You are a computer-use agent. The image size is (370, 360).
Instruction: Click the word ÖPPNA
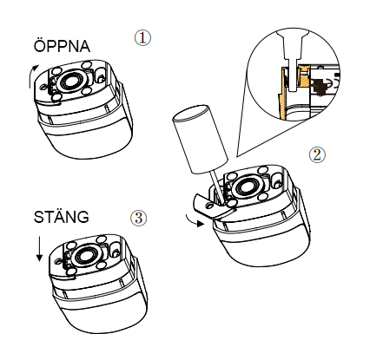(62, 46)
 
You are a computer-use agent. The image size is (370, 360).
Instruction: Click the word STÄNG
(62, 217)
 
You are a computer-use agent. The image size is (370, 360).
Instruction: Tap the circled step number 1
(142, 38)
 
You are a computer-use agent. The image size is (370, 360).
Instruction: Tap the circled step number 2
(317, 154)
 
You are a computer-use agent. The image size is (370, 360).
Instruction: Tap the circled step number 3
(139, 218)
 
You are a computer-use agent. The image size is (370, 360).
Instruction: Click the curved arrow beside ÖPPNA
(31, 75)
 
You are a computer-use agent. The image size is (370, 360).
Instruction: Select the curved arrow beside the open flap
(194, 220)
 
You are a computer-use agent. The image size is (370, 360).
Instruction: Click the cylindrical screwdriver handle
(200, 140)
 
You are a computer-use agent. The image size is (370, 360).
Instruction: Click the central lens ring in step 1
(70, 81)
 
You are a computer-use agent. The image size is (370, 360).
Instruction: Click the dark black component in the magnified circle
(318, 87)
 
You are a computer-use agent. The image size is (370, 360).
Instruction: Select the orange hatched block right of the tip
(304, 76)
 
